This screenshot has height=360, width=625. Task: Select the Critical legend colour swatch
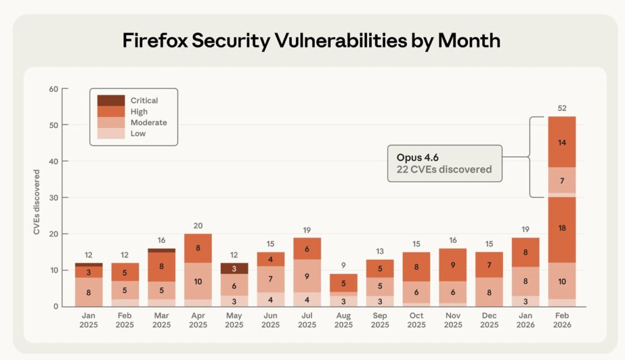pyautogui.click(x=110, y=100)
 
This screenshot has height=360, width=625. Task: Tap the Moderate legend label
pyautogui.click(x=148, y=123)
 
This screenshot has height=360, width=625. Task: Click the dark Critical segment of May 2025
pyautogui.click(x=234, y=268)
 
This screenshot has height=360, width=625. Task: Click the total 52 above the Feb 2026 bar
pyautogui.click(x=562, y=109)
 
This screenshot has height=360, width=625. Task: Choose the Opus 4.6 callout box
pyautogui.click(x=444, y=163)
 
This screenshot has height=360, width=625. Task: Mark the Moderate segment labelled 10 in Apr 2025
pyautogui.click(x=198, y=281)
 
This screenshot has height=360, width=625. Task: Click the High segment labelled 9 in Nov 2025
pyautogui.click(x=452, y=265)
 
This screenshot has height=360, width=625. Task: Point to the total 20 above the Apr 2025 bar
pyautogui.click(x=198, y=226)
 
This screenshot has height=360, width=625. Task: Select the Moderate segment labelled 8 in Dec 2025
pyautogui.click(x=489, y=292)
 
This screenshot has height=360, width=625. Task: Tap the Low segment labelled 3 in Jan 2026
pyautogui.click(x=526, y=301)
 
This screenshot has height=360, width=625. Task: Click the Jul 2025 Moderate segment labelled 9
pyautogui.click(x=307, y=276)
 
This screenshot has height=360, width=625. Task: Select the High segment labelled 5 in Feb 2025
pyautogui.click(x=125, y=272)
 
